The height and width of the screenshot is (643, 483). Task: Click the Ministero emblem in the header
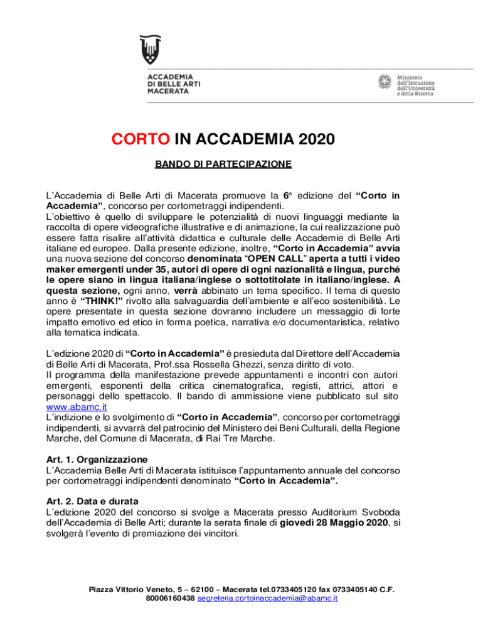(x=385, y=82)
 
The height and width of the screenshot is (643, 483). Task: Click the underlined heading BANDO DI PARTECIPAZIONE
(x=223, y=165)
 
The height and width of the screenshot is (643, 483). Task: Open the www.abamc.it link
(x=71, y=407)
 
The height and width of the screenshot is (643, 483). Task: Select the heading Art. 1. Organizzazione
(x=97, y=459)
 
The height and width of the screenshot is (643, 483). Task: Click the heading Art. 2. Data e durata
(x=92, y=501)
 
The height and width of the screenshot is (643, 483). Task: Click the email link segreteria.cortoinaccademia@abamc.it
(x=267, y=598)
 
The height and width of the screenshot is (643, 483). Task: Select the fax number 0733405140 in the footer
(x=354, y=590)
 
